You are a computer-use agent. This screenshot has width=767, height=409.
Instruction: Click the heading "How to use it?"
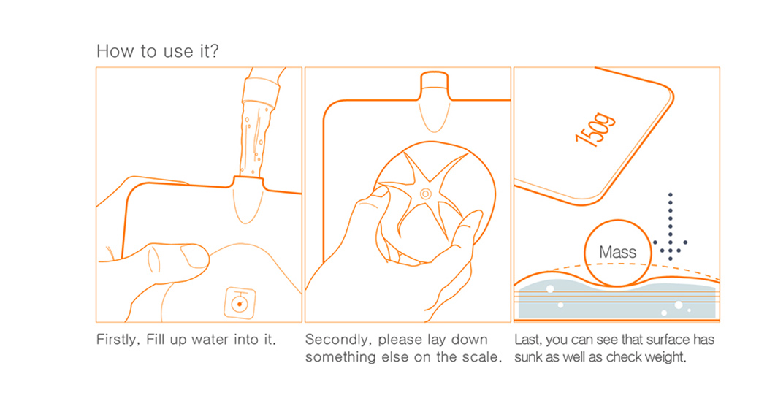click(x=158, y=51)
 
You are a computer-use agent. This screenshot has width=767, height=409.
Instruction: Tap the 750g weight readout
click(x=595, y=130)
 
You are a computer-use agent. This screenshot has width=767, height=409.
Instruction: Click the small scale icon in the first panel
click(x=240, y=303)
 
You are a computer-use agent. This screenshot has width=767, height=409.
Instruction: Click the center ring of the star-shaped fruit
click(x=426, y=194)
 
